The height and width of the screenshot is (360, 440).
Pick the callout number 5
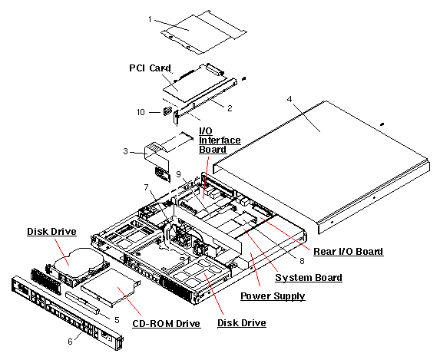tap(117, 319)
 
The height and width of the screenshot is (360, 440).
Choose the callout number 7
tap(147, 187)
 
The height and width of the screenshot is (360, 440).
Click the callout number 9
tap(178, 173)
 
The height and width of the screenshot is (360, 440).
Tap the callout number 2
tap(228, 108)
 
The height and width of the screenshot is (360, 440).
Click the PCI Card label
tap(149, 68)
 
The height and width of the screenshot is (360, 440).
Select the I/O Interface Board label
tap(220, 140)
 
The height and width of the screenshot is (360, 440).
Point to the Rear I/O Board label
tap(348, 251)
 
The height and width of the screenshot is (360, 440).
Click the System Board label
tap(309, 277)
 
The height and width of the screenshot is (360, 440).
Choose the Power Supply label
tap(273, 296)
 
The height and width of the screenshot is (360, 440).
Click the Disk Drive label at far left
tap(50, 230)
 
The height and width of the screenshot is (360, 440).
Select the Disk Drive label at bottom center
tap(241, 323)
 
